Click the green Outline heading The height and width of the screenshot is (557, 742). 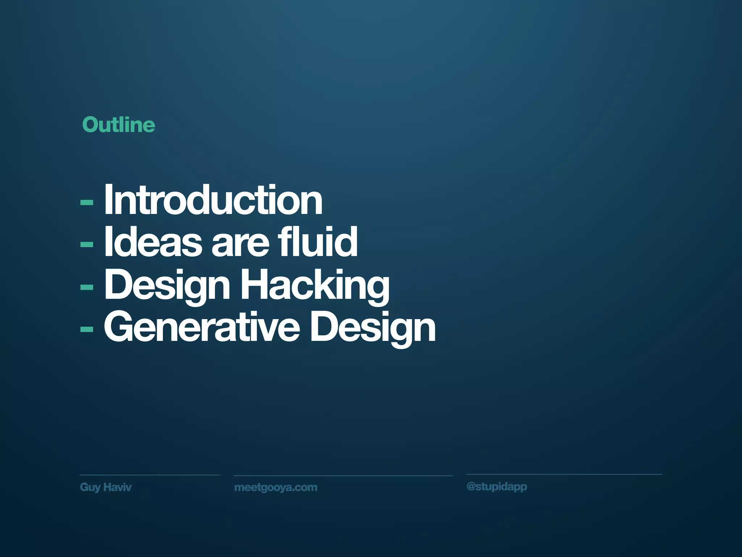point(118,125)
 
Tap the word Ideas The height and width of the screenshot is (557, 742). point(153,242)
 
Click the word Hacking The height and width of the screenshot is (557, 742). point(315,286)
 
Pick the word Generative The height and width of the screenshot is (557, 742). point(202,327)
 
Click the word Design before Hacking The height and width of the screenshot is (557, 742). point(167,286)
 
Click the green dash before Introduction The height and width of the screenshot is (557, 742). point(87,202)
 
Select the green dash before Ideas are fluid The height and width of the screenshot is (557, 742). point(87,244)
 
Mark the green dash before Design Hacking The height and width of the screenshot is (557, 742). point(87,287)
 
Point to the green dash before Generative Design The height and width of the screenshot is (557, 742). point(87,329)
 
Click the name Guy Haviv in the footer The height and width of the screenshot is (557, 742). point(105,487)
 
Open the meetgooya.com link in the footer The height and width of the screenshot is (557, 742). point(276,487)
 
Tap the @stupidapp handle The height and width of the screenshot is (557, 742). point(497,487)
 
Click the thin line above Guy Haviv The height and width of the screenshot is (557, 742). point(150,475)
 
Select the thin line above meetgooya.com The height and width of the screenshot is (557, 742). point(343,475)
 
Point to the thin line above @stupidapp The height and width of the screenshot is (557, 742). point(564,474)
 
